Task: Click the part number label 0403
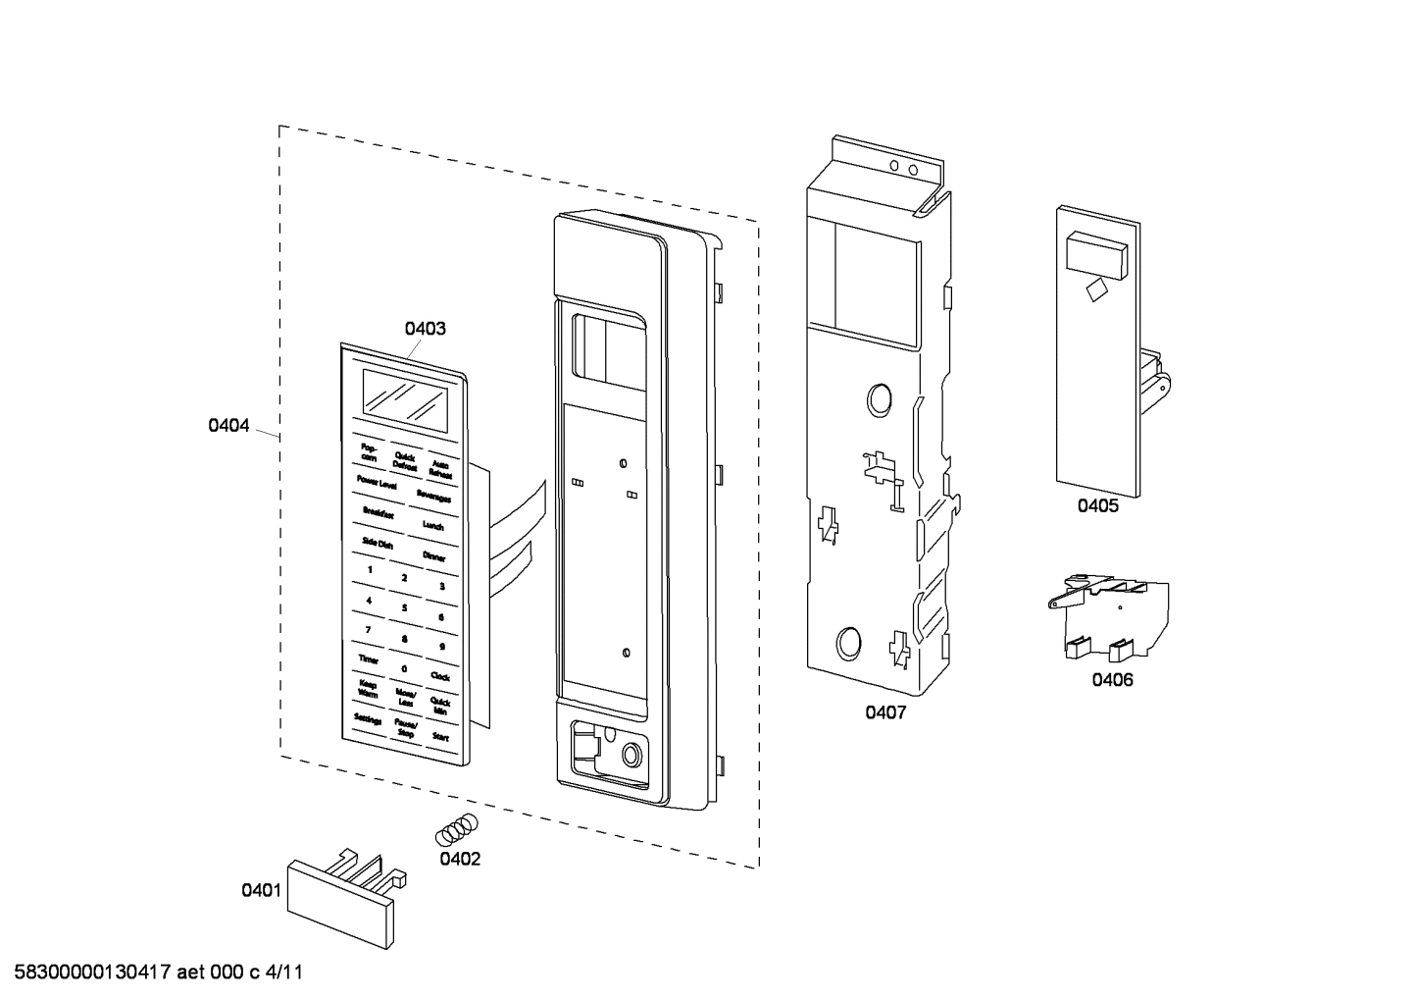pyautogui.click(x=425, y=329)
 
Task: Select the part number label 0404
pyautogui.click(x=228, y=426)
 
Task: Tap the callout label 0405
pyautogui.click(x=1097, y=506)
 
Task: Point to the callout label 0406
pyautogui.click(x=1112, y=680)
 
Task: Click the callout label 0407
pyautogui.click(x=884, y=712)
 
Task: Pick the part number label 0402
pyautogui.click(x=460, y=859)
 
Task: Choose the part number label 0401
pyautogui.click(x=261, y=890)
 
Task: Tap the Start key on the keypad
pyautogui.click(x=440, y=735)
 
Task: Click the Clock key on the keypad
pyautogui.click(x=440, y=676)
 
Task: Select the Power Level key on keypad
pyautogui.click(x=377, y=483)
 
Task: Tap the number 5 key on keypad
pyautogui.click(x=404, y=607)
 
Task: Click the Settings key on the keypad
pyautogui.click(x=368, y=719)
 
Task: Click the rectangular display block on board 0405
pyautogui.click(x=1094, y=253)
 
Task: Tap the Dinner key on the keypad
pyautogui.click(x=434, y=556)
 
